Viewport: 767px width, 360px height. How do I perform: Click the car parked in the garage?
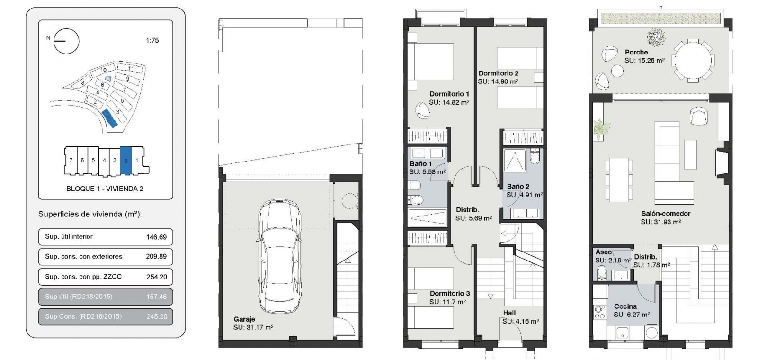click(x=278, y=257)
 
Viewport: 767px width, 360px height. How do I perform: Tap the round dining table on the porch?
click(x=693, y=61)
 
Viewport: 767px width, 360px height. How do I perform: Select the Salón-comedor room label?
click(x=666, y=214)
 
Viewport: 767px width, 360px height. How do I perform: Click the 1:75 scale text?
click(x=152, y=40)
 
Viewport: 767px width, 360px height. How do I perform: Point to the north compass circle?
click(x=66, y=41)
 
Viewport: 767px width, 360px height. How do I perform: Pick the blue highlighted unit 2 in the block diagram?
click(x=125, y=161)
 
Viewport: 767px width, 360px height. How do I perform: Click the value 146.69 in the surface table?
click(x=156, y=237)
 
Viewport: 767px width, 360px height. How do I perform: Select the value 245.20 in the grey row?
click(x=157, y=316)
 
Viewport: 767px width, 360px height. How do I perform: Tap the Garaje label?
click(x=244, y=319)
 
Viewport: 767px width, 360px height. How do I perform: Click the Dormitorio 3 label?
click(x=450, y=294)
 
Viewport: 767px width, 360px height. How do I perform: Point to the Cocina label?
click(x=625, y=306)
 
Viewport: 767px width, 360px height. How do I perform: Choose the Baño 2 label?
click(x=518, y=187)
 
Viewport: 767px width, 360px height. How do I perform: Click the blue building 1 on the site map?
click(x=109, y=118)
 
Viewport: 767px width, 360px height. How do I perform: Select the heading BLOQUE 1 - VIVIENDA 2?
click(x=105, y=189)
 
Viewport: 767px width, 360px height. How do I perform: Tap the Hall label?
click(x=509, y=313)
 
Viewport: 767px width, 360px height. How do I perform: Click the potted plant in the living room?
click(x=601, y=129)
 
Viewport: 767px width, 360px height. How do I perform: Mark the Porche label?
click(x=636, y=53)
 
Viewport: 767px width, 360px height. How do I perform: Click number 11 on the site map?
click(x=131, y=69)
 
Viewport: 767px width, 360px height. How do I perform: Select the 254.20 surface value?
click(x=157, y=277)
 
